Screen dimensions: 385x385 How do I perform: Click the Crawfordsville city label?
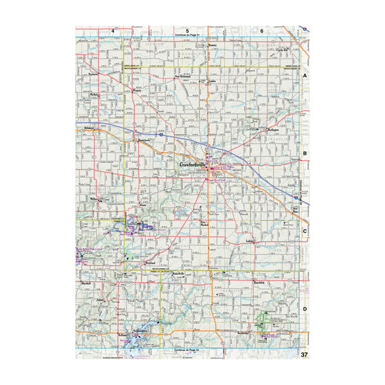[x=192, y=166]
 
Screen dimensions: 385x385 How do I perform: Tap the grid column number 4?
[x=112, y=30]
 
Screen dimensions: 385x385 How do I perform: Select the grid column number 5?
[x=187, y=30]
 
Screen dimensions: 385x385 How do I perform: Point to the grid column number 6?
[x=262, y=30]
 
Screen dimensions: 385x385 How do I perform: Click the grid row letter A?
[x=305, y=75]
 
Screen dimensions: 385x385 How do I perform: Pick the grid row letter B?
[x=305, y=154]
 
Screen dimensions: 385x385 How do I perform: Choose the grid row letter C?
[x=305, y=231]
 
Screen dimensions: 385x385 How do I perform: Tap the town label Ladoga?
[x=251, y=241]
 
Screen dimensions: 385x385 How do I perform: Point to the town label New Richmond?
[x=185, y=76]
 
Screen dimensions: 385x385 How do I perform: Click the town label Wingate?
[x=137, y=90]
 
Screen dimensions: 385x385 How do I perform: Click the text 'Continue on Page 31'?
[x=187, y=35]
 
